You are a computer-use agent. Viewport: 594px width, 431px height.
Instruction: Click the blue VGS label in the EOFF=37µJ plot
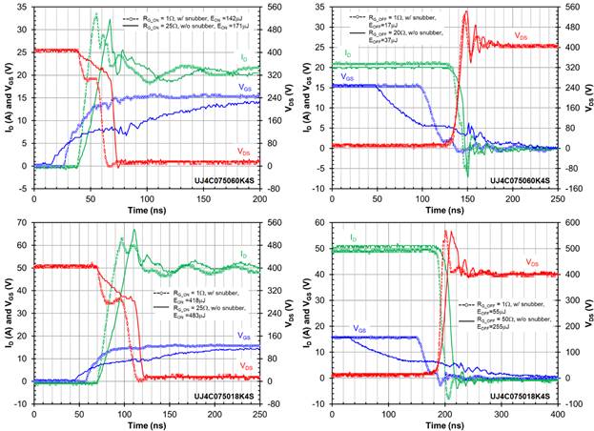349,76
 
